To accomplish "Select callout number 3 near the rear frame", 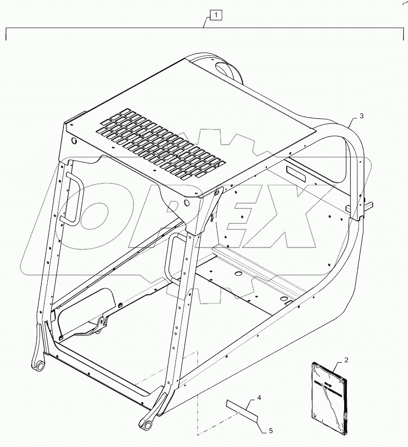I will pyautogui.click(x=362, y=116).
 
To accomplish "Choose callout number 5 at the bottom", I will pyautogui.click(x=271, y=431).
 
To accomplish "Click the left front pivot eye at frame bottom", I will pyautogui.click(x=40, y=366).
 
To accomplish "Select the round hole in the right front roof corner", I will pyautogui.click(x=186, y=202).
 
